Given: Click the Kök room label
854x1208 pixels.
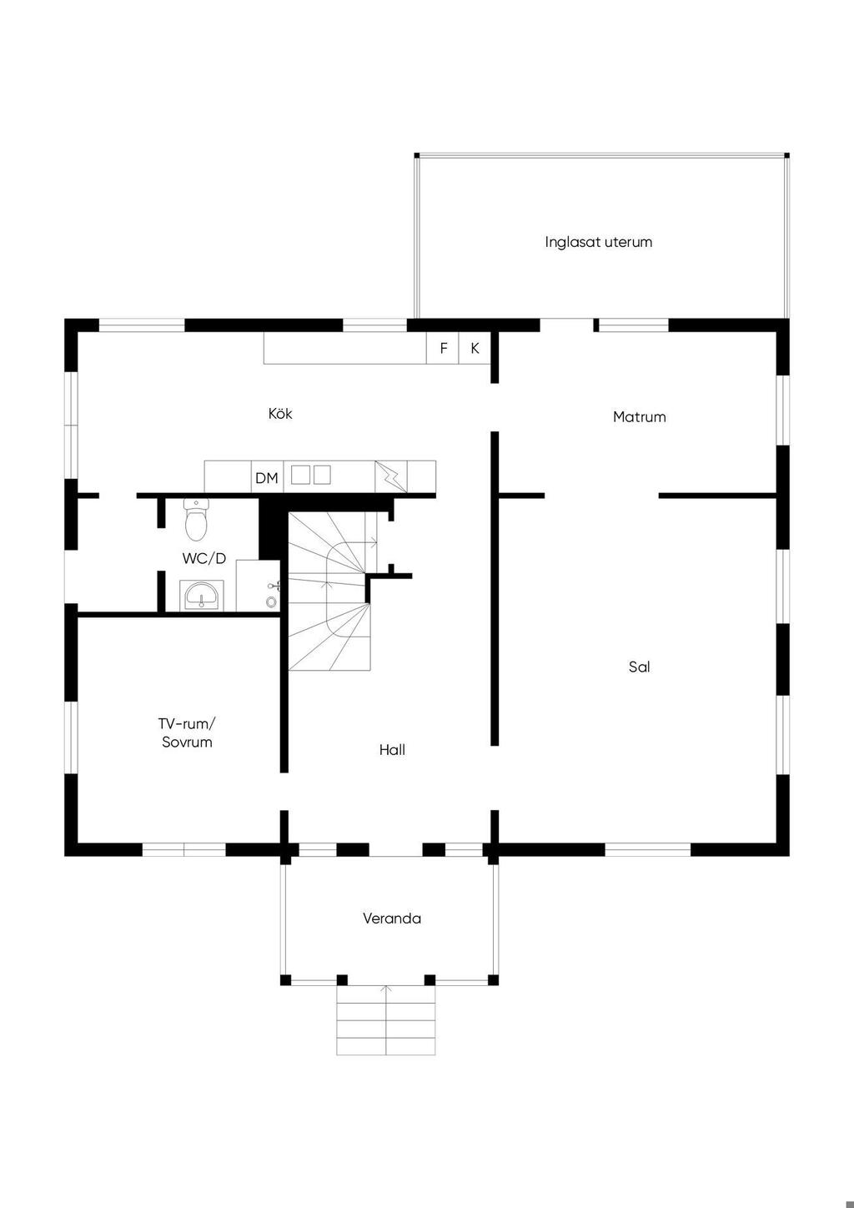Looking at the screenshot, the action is (280, 414).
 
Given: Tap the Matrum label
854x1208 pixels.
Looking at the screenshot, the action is (640, 417).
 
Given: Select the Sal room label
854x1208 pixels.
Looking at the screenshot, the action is (640, 667).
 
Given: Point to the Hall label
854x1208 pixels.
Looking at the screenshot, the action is (392, 750).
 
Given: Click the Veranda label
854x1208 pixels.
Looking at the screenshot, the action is (392, 919).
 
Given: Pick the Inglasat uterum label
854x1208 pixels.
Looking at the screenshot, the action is (599, 242).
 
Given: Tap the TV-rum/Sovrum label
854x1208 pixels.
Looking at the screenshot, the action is (187, 732).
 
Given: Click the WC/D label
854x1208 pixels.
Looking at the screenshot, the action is (203, 558).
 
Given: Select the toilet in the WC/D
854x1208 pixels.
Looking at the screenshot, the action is (195, 520).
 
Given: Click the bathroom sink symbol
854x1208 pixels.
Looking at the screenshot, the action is (201, 596).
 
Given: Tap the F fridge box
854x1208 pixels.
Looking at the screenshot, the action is (443, 348).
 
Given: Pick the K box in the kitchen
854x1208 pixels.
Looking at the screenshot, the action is (475, 348).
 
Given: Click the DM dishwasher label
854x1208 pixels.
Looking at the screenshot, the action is (267, 478).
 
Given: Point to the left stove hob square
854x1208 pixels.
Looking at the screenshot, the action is (300, 476).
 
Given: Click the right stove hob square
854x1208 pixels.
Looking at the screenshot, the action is (322, 476).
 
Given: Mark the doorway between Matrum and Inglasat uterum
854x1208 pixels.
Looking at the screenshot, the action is (566, 325).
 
